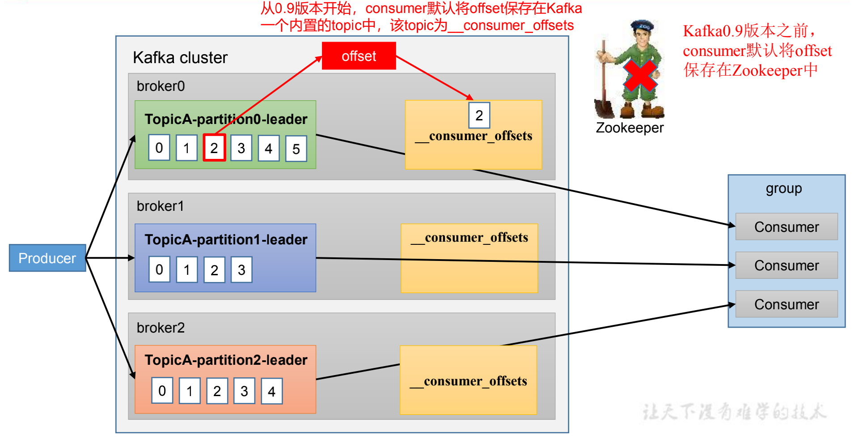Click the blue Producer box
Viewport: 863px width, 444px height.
tap(47, 258)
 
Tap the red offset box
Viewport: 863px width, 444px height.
tap(359, 56)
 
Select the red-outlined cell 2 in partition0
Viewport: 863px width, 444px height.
tap(214, 148)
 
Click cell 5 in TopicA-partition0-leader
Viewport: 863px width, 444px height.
tap(296, 149)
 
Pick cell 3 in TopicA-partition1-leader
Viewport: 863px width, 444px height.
tap(241, 269)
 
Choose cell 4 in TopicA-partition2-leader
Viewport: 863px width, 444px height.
tap(271, 391)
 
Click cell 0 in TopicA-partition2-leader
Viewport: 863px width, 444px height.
tap(162, 391)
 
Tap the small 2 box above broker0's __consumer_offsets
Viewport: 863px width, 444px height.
tap(479, 115)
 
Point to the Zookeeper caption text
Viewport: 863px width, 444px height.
tap(630, 128)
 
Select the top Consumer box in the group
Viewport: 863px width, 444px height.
tap(786, 227)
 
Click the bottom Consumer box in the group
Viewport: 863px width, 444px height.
tap(786, 304)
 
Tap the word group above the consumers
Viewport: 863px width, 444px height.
tap(783, 188)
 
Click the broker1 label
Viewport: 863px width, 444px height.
tap(160, 206)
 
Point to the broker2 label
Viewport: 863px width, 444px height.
tap(161, 328)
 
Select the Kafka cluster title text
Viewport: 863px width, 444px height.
tap(180, 58)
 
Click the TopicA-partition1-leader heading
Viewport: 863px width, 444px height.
tap(226, 239)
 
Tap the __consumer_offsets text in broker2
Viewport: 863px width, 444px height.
tap(469, 381)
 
